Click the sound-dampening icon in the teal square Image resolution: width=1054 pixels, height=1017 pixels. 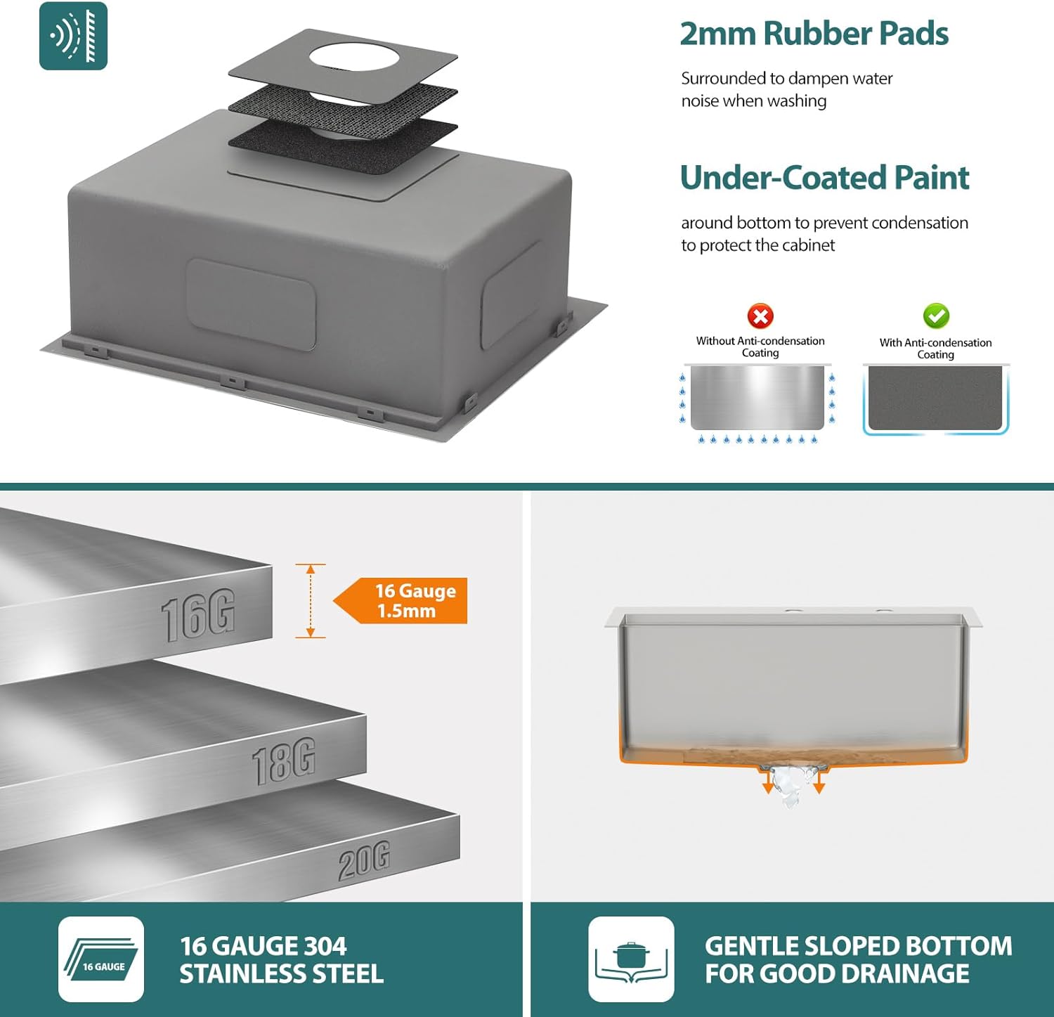pos(73,36)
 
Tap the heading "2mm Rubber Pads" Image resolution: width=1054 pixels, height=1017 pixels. pos(814,34)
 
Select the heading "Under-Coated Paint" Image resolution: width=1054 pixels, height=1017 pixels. pos(824,178)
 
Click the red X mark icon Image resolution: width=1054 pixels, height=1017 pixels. pos(760,316)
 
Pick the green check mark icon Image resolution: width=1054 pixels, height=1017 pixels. pos(936,316)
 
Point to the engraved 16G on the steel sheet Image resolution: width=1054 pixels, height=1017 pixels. pos(197,616)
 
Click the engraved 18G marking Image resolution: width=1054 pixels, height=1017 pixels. pos(283,761)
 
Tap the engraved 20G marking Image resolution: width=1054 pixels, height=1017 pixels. pos(364,861)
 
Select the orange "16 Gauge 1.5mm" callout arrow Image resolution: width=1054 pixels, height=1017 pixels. pos(400,601)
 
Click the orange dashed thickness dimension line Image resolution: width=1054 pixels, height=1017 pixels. pos(310,601)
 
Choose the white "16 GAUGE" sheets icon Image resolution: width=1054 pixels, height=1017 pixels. pos(101,959)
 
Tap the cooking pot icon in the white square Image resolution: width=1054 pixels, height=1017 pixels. pos(631,959)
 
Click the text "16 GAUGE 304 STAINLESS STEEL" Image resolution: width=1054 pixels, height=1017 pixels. pos(281,960)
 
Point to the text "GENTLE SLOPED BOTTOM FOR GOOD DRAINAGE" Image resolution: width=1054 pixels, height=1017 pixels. pos(858,960)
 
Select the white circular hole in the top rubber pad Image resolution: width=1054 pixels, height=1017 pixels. pos(354,56)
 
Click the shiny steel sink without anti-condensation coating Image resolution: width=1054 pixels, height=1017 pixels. pos(757,397)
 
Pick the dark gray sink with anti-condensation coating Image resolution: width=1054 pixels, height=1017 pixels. pos(935,397)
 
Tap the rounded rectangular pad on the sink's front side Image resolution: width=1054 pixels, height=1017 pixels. pos(251,304)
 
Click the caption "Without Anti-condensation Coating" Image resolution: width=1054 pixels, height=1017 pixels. pos(760,346)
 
